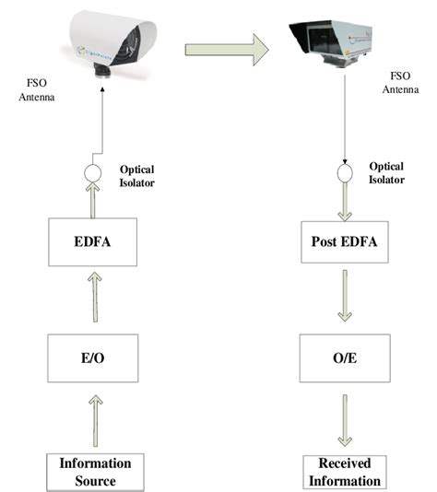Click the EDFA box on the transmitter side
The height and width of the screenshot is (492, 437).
pos(91,242)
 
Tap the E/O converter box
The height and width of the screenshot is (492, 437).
pos(91,357)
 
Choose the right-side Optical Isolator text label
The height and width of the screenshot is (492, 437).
pos(386,173)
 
